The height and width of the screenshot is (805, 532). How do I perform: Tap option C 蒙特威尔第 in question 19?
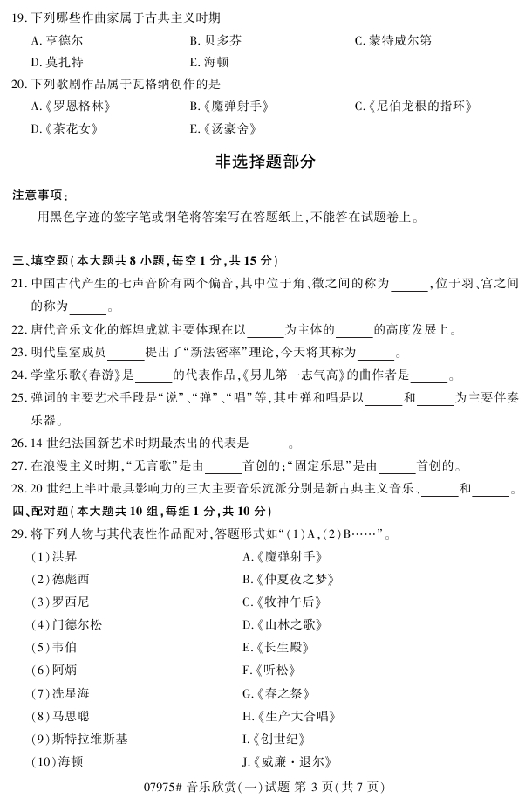(x=392, y=40)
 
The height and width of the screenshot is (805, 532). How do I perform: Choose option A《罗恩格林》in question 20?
(x=71, y=107)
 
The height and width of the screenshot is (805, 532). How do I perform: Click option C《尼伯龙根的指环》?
(x=413, y=107)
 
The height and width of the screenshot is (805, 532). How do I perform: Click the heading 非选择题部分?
(x=265, y=162)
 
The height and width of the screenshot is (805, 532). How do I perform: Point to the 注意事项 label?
(x=39, y=194)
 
